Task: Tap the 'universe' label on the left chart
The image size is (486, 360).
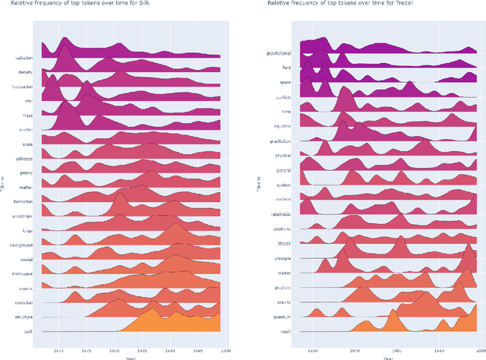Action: pyautogui.click(x=28, y=159)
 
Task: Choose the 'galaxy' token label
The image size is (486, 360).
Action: pyautogui.click(x=30, y=173)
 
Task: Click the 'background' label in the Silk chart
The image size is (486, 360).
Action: pyautogui.click(x=27, y=245)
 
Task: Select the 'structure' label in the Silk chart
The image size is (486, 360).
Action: pyautogui.click(x=28, y=317)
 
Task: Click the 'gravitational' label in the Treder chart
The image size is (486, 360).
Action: pyautogui.click(x=279, y=54)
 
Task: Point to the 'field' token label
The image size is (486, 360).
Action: pyautogui.click(x=286, y=68)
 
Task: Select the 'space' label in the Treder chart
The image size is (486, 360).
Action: pyautogui.click(x=286, y=82)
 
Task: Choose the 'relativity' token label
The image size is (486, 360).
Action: pyautogui.click(x=282, y=227)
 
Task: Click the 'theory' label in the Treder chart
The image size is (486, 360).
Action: pyautogui.click(x=284, y=242)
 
